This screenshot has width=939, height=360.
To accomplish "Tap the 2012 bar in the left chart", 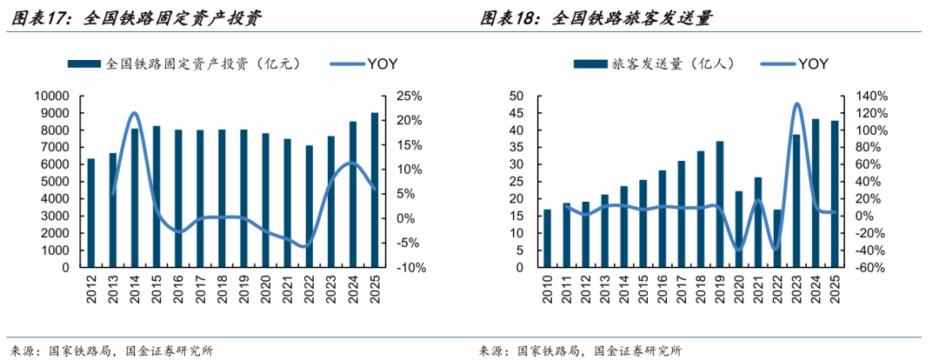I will click(x=91, y=212).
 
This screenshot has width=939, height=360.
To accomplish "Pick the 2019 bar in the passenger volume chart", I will click(x=720, y=203).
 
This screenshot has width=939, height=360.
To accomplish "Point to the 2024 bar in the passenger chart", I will click(x=816, y=192).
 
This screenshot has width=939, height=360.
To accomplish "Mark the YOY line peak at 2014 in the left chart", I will click(x=134, y=113).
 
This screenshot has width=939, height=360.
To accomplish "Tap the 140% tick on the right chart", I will click(x=870, y=96).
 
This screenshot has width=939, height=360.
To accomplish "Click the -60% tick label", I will click(x=869, y=268).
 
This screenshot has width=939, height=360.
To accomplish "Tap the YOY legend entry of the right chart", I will click(x=813, y=63).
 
